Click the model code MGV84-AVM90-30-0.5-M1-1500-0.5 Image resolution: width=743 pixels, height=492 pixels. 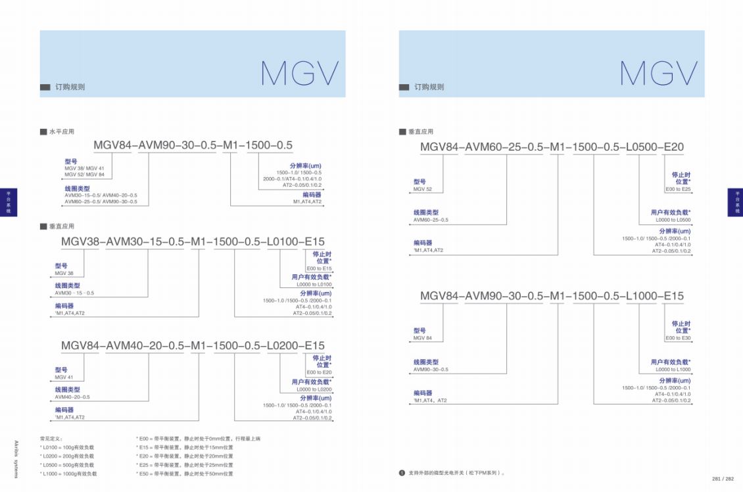[x=193, y=145]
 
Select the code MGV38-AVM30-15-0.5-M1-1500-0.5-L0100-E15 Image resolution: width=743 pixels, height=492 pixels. [x=193, y=242]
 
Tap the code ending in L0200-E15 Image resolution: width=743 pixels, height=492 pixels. [x=193, y=346]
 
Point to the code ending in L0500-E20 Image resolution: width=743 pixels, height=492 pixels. [x=552, y=147]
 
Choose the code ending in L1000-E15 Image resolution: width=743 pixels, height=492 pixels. [x=552, y=296]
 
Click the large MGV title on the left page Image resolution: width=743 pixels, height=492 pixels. [x=300, y=74]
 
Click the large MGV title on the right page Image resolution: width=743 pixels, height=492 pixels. [x=659, y=74]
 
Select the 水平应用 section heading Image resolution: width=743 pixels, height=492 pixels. [x=61, y=132]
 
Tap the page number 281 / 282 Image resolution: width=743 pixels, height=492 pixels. [x=723, y=479]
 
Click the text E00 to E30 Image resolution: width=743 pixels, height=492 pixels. [x=678, y=338]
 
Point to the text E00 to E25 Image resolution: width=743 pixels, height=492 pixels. [x=678, y=189]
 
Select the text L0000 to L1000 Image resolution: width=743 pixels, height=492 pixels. [x=673, y=370]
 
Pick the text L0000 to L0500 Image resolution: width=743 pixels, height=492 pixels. [x=673, y=220]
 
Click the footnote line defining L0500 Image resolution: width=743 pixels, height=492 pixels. [x=68, y=464]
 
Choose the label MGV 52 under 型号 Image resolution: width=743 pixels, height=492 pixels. [x=423, y=189]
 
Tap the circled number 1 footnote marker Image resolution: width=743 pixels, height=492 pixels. [x=402, y=473]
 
